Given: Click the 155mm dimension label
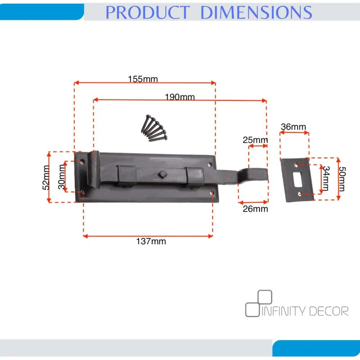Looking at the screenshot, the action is [143, 79].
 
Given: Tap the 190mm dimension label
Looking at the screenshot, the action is [180, 97].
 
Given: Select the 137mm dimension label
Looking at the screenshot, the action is [151, 242].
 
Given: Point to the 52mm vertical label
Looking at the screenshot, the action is [46, 177].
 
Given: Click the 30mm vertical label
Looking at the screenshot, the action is [62, 177].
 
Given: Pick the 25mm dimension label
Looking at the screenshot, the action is [255, 140].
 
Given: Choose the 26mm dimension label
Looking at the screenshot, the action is [255, 209].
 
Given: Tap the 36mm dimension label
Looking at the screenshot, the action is [293, 127].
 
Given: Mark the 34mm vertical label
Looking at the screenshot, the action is [326, 178].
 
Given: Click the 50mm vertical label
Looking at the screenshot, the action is [342, 179].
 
